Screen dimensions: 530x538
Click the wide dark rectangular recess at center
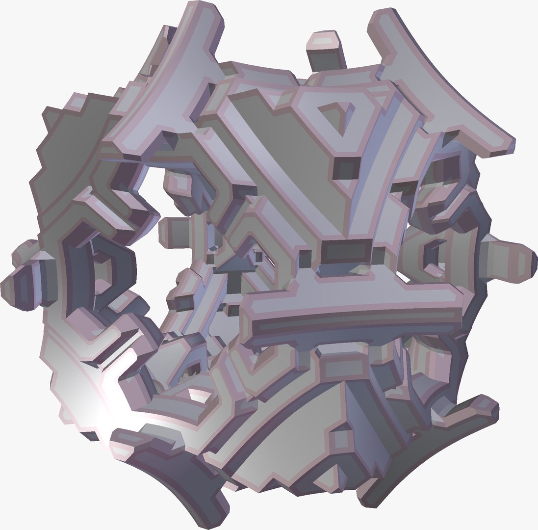tap(346, 252)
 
